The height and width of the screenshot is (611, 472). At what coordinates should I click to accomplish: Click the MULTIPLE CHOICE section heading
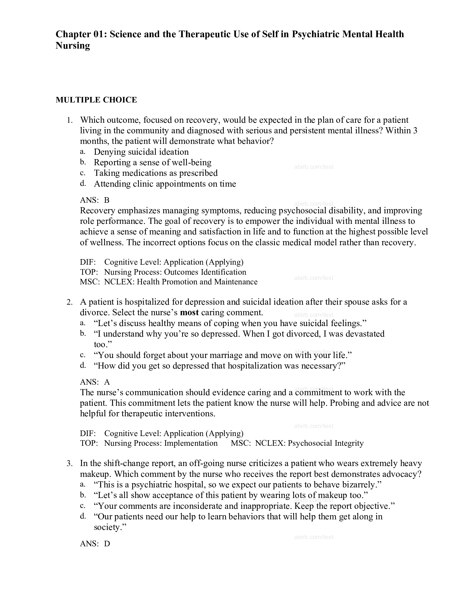[x=96, y=100]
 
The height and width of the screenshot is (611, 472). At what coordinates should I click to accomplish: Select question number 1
[x=70, y=120]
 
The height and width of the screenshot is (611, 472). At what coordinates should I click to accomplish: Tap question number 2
[x=70, y=302]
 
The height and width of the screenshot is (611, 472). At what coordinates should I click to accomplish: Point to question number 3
[x=70, y=464]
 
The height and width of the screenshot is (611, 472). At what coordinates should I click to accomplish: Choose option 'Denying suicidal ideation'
[x=141, y=152]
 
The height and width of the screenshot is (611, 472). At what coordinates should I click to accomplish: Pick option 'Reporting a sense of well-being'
[x=152, y=162]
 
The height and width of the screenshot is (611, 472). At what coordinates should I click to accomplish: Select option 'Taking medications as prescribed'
[x=155, y=173]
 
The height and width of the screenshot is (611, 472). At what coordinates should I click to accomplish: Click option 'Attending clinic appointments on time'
[x=165, y=184]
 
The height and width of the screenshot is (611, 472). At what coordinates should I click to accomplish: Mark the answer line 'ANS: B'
[x=94, y=200]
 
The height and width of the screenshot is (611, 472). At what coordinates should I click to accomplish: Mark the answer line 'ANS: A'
[x=95, y=382]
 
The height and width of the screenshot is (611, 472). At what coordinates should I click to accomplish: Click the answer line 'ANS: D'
[x=95, y=544]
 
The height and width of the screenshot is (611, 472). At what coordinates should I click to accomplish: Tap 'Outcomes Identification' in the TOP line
[x=205, y=272]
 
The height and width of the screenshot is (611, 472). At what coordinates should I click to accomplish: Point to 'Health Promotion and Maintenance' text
[x=197, y=282]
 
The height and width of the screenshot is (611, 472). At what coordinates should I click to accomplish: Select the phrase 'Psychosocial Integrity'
[x=326, y=443]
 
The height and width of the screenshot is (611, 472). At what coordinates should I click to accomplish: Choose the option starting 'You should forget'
[x=223, y=355]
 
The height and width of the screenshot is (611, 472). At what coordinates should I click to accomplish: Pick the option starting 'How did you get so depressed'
[x=220, y=366]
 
